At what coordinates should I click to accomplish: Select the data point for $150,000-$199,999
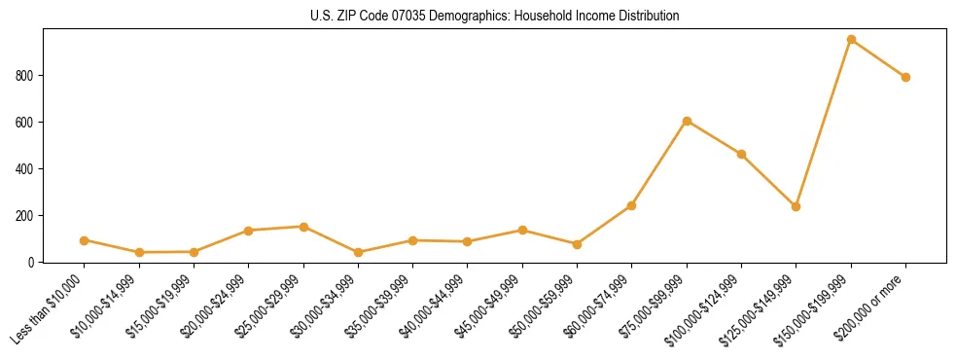coord(851,40)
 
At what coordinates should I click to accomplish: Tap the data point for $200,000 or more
coord(905,77)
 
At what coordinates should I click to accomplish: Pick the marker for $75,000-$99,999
coord(687,121)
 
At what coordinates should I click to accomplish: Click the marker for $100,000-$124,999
coord(741,154)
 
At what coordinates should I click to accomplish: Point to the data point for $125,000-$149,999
coord(796,206)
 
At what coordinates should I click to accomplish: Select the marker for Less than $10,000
coord(85,240)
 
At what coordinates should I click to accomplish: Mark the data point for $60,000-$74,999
coord(632,205)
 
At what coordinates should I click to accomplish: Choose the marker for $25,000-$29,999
coord(303,227)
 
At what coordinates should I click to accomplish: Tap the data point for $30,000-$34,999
coord(358,252)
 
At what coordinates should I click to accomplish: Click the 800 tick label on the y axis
coord(27,76)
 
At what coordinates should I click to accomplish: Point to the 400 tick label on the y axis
coord(27,169)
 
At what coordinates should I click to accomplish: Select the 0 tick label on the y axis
coord(33,263)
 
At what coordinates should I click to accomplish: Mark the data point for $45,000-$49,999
coord(522,231)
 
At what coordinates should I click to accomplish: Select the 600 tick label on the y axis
coord(27,123)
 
